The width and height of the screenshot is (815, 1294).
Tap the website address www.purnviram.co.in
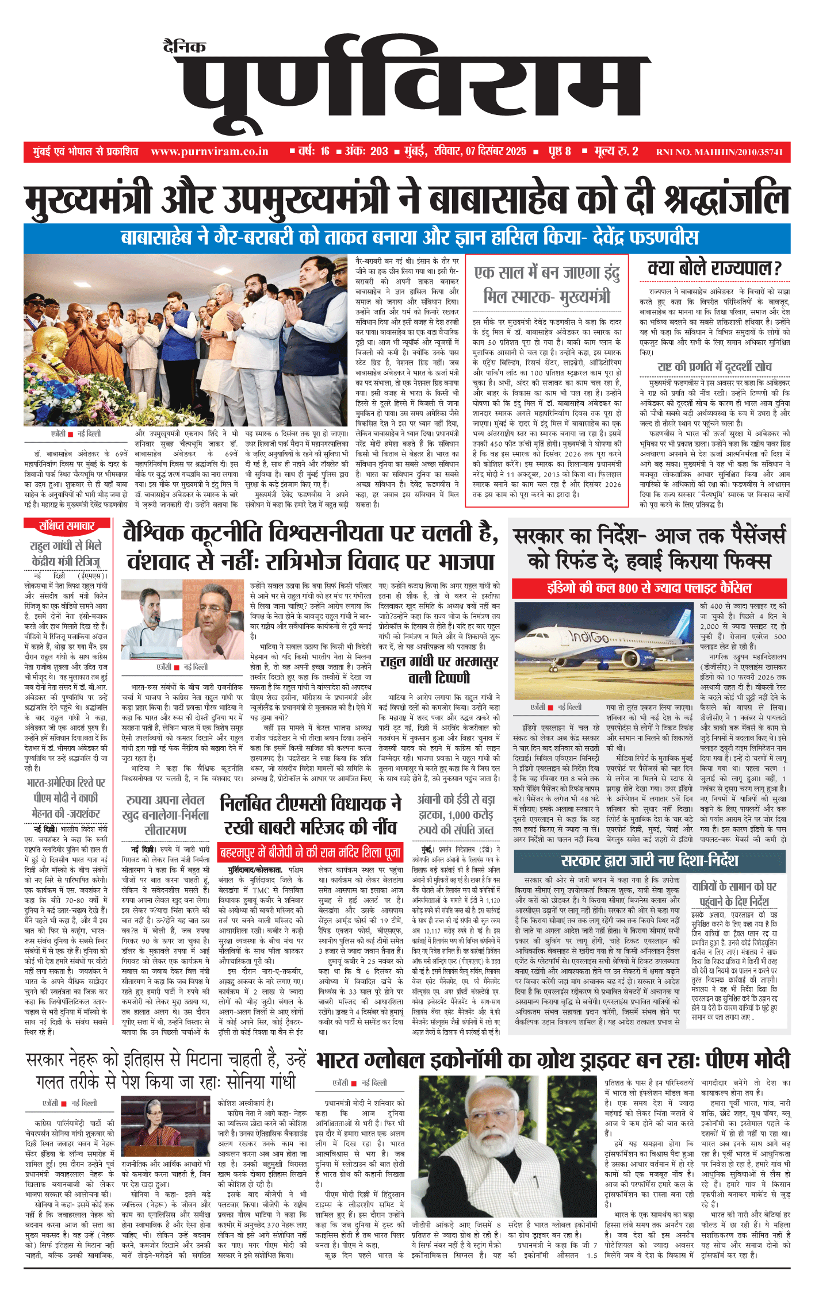coord(209,152)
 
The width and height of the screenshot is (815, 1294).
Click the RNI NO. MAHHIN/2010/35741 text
coord(719,152)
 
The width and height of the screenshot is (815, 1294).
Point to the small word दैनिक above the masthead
coord(184,47)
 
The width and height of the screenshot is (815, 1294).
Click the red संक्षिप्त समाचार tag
coord(67,525)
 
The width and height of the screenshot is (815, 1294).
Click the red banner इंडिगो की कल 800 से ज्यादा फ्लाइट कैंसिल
coord(649,588)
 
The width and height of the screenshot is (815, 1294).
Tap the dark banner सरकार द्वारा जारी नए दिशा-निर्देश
coord(649,861)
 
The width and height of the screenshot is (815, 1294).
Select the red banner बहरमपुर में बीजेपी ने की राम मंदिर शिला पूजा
coord(310,852)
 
